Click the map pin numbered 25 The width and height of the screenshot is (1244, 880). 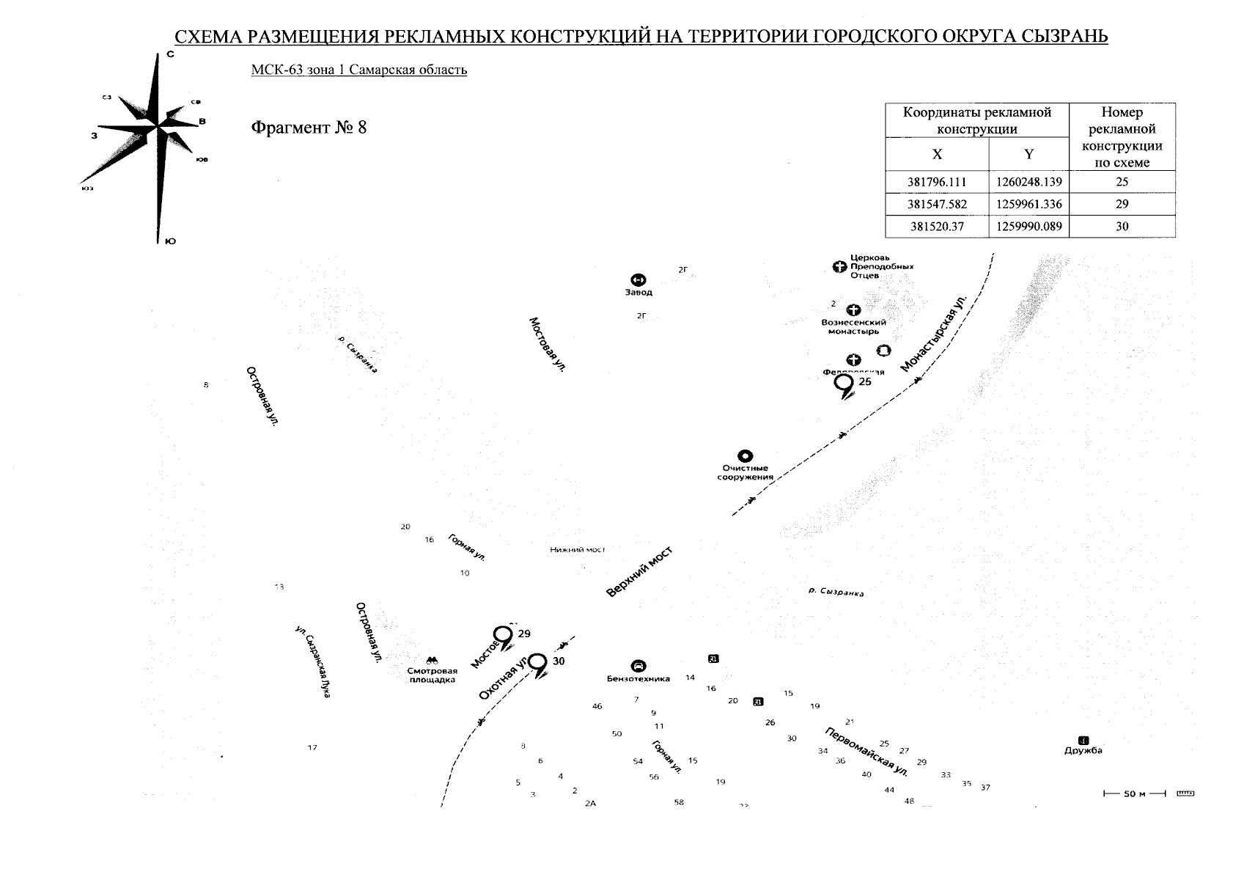(845, 384)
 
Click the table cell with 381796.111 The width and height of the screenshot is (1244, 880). (937, 182)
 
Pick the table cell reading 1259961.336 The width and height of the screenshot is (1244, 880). (1029, 205)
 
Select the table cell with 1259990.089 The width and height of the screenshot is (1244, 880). (1029, 227)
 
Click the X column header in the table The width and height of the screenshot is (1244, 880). (937, 154)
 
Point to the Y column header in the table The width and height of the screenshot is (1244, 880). (1029, 154)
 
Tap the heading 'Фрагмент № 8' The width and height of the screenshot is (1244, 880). (309, 128)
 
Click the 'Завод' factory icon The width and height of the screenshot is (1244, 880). (638, 280)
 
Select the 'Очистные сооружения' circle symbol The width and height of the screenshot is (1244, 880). (745, 457)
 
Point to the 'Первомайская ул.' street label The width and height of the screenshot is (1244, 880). (866, 752)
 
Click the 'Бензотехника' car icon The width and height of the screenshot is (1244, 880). (638, 667)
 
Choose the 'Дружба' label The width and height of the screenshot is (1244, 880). (1083, 750)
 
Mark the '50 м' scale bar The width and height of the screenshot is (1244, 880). (1134, 794)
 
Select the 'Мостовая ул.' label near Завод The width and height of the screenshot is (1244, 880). (548, 345)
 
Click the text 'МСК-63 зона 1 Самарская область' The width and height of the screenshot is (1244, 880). (358, 70)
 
